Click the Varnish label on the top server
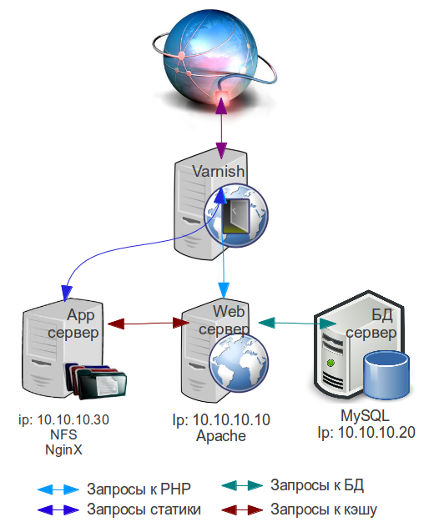[219, 171]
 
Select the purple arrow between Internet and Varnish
[221, 128]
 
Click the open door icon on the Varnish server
[235, 216]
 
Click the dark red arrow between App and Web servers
[149, 324]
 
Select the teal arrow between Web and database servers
[297, 323]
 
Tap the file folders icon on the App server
[96, 381]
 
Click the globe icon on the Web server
[239, 363]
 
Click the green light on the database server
[331, 363]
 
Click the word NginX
[63, 449]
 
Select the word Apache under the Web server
[221, 436]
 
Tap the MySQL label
[365, 415]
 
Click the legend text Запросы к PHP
[139, 489]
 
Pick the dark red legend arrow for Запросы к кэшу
[242, 509]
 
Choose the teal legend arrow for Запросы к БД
[242, 485]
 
